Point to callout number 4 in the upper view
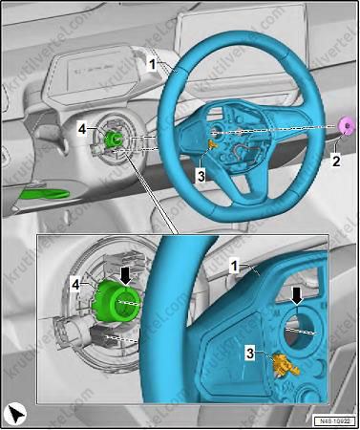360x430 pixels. click(83, 127)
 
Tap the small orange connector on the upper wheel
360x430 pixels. click(211, 144)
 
